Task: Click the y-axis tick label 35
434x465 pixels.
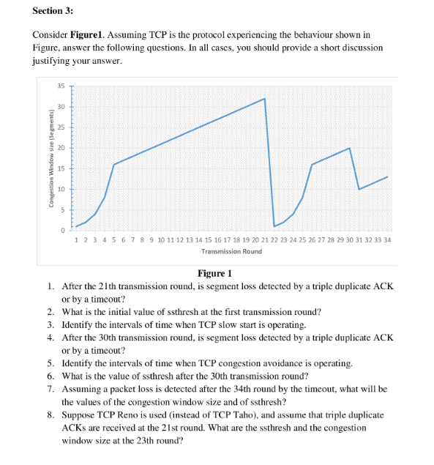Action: tap(61, 86)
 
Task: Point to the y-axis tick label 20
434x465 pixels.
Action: tap(61, 148)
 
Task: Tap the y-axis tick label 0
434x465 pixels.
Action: tap(64, 231)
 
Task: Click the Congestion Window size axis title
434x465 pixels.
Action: tap(50, 160)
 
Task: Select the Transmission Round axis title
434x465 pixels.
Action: tap(231, 251)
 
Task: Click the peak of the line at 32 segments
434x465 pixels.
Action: tap(264, 99)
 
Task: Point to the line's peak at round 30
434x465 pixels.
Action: tap(349, 148)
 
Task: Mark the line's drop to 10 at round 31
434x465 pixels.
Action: tap(359, 189)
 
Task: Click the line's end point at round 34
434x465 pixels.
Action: tap(387, 177)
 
